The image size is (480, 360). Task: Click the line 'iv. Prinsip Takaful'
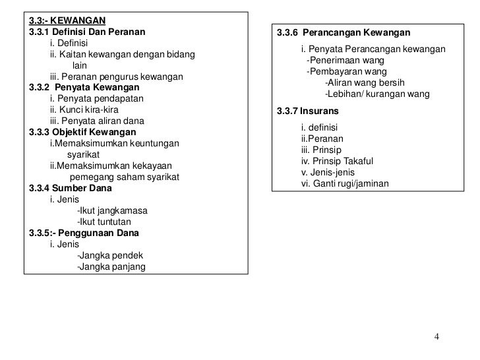click(337, 161)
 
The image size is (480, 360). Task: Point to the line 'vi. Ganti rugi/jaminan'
click(345, 183)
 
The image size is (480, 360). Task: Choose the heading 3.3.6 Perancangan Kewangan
click(343, 33)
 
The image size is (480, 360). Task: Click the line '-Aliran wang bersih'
click(365, 82)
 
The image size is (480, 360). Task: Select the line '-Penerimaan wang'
click(346, 61)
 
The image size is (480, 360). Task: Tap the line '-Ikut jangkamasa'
click(112, 210)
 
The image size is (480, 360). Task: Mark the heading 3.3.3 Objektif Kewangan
click(82, 132)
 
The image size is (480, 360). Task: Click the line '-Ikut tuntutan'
click(104, 222)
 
